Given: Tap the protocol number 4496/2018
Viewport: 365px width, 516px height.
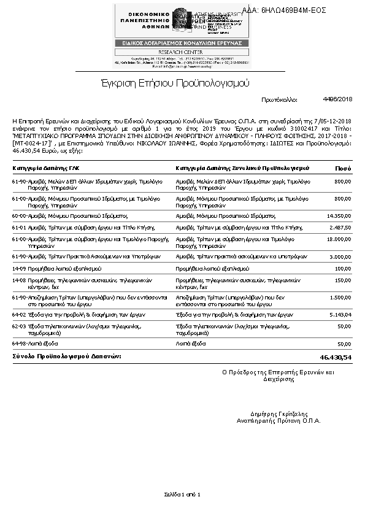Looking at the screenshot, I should coord(337,99).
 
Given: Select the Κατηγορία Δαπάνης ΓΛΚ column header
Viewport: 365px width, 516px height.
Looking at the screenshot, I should coord(46,168).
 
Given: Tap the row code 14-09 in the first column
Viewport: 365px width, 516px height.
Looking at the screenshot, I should coord(19,268).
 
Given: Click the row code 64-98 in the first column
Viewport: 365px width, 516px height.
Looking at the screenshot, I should coord(19,344).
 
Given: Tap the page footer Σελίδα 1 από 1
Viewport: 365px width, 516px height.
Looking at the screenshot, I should coord(182,494).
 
